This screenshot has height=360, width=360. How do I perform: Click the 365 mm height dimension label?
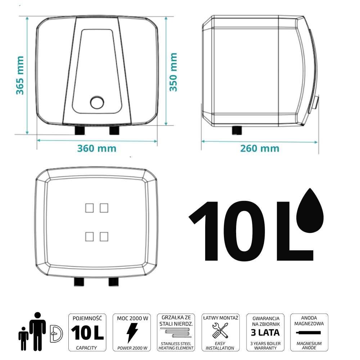[x=20, y=75]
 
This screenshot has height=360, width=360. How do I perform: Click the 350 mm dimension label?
[x=174, y=72]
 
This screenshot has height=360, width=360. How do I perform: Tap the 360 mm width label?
[x=96, y=148]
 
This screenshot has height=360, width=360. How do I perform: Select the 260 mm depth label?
[x=260, y=149]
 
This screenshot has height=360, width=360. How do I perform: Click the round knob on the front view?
[x=97, y=102]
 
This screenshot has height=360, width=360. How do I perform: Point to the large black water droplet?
[x=310, y=210]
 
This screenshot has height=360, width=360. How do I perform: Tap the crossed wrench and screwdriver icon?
[x=220, y=330]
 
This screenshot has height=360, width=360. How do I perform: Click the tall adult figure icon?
[x=38, y=331]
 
